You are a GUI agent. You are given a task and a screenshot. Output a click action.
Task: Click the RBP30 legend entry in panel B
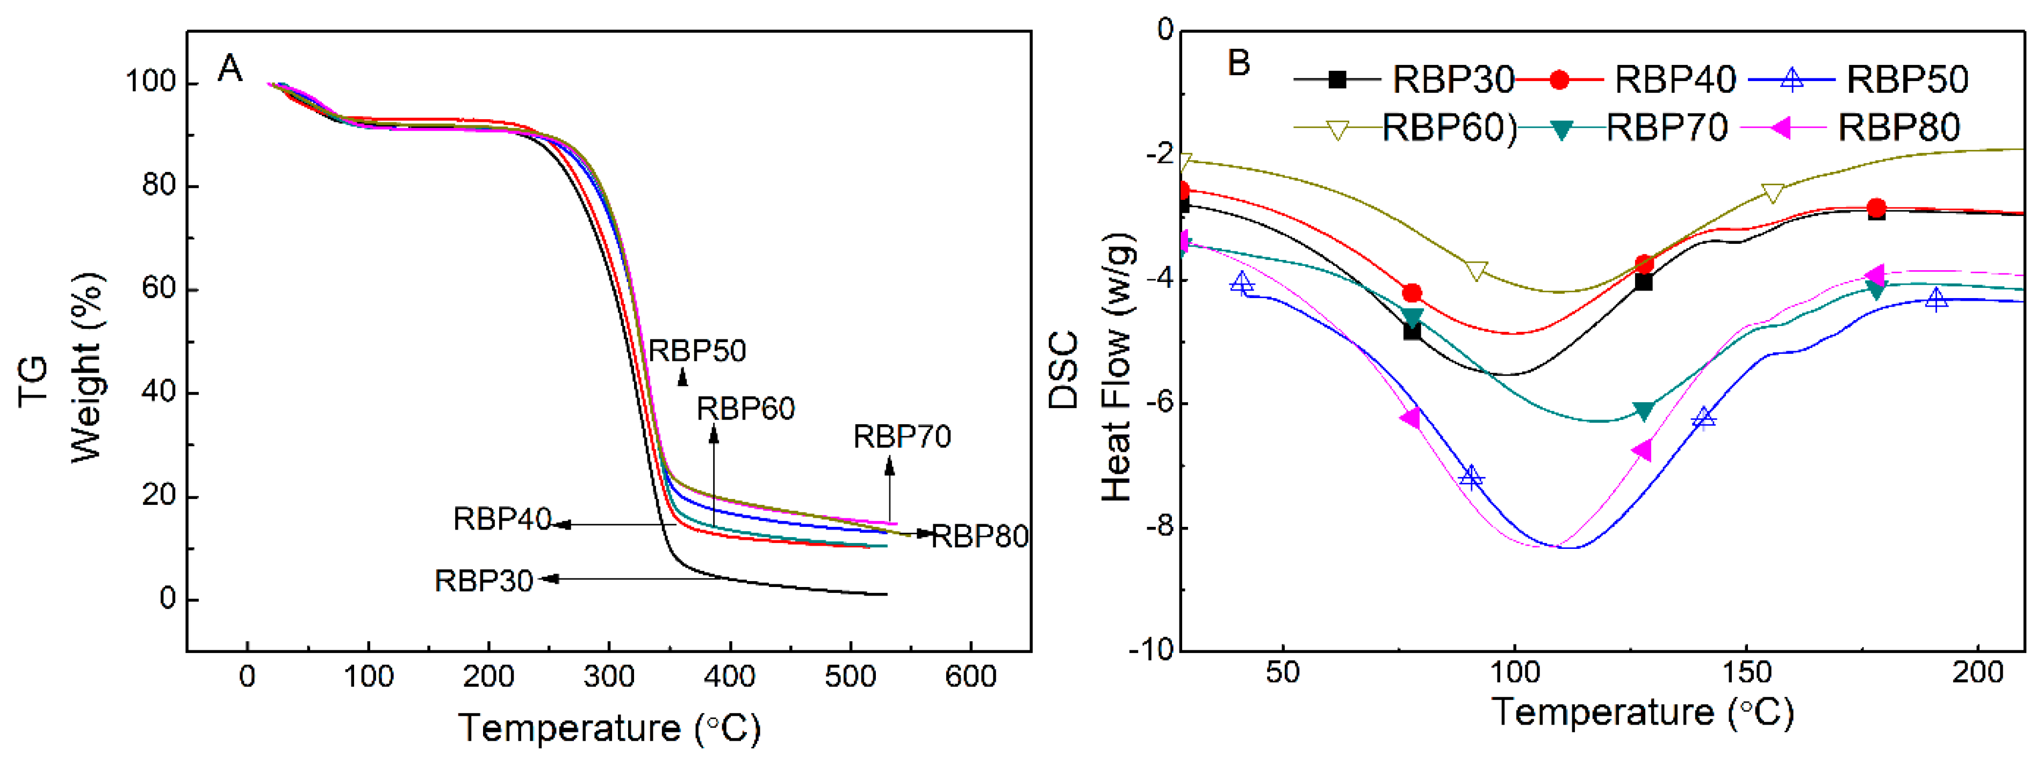pyautogui.click(x=1452, y=79)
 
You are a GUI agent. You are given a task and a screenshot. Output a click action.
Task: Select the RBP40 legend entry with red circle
pyautogui.click(x=1675, y=79)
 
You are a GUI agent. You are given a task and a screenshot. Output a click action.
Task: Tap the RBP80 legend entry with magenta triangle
pyautogui.click(x=1898, y=127)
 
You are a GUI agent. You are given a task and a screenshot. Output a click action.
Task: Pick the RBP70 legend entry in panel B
pyautogui.click(x=1666, y=127)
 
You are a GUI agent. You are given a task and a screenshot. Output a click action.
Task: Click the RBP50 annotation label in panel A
pyautogui.click(x=697, y=351)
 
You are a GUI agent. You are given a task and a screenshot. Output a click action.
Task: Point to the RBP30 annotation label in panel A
pyautogui.click(x=483, y=581)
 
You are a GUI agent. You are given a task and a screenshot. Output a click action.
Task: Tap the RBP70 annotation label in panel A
pyautogui.click(x=902, y=436)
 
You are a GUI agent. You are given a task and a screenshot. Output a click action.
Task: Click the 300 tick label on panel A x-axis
pyautogui.click(x=609, y=677)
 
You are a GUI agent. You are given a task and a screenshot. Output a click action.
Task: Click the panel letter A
pyautogui.click(x=229, y=69)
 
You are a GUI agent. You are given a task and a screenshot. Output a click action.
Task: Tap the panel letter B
pyautogui.click(x=1239, y=63)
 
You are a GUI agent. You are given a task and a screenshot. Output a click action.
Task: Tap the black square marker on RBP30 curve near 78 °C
pyautogui.click(x=1412, y=331)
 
